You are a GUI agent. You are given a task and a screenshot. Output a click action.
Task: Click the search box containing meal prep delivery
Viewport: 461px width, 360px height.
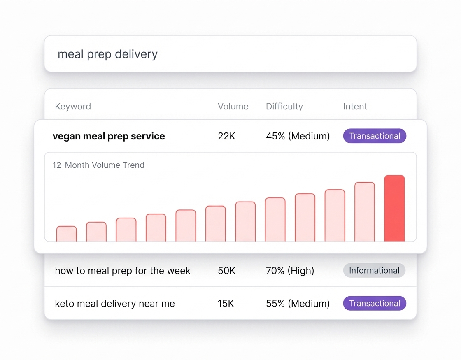pyautogui.click(x=230, y=54)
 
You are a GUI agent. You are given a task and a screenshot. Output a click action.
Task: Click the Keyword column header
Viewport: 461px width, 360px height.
pyautogui.click(x=73, y=107)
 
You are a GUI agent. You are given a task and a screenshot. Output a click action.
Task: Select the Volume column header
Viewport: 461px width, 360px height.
pyautogui.click(x=233, y=107)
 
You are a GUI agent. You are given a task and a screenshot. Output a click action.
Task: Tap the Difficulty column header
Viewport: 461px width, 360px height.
pyautogui.click(x=284, y=107)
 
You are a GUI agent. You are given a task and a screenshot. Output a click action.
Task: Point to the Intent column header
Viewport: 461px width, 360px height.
pyautogui.click(x=355, y=107)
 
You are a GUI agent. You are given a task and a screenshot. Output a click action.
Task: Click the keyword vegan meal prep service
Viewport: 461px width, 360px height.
pyautogui.click(x=109, y=136)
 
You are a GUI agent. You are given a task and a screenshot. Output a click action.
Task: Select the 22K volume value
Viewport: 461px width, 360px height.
pyautogui.click(x=226, y=136)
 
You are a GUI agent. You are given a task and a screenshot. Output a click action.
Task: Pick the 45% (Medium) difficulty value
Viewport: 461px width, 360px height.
pyautogui.click(x=298, y=136)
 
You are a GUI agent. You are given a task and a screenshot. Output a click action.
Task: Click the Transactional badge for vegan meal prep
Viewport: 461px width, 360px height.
pyautogui.click(x=375, y=136)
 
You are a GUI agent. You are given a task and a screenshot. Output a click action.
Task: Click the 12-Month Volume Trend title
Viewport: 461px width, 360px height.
pyautogui.click(x=98, y=165)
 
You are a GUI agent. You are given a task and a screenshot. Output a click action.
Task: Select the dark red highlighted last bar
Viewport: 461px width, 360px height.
pyautogui.click(x=394, y=209)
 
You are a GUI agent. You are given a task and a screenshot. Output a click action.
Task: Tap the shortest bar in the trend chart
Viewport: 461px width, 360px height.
pyautogui.click(x=66, y=234)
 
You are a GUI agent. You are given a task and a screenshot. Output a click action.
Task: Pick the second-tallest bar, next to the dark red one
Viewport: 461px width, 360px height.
pyautogui.click(x=364, y=212)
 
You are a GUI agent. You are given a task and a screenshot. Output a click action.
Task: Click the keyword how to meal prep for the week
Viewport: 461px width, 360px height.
pyautogui.click(x=123, y=271)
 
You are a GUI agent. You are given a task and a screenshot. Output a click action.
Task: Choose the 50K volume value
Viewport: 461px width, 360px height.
pyautogui.click(x=226, y=271)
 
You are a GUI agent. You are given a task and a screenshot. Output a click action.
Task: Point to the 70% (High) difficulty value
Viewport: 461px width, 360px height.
pyautogui.click(x=290, y=271)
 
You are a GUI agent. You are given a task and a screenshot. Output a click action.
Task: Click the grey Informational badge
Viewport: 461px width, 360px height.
pyautogui.click(x=374, y=271)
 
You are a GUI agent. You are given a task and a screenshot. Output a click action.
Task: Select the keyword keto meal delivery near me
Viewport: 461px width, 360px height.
pyautogui.click(x=115, y=304)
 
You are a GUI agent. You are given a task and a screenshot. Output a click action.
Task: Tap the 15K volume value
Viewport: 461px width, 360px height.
pyautogui.click(x=226, y=304)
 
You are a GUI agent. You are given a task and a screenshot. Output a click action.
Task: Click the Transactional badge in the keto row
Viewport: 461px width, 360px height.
pyautogui.click(x=375, y=304)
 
